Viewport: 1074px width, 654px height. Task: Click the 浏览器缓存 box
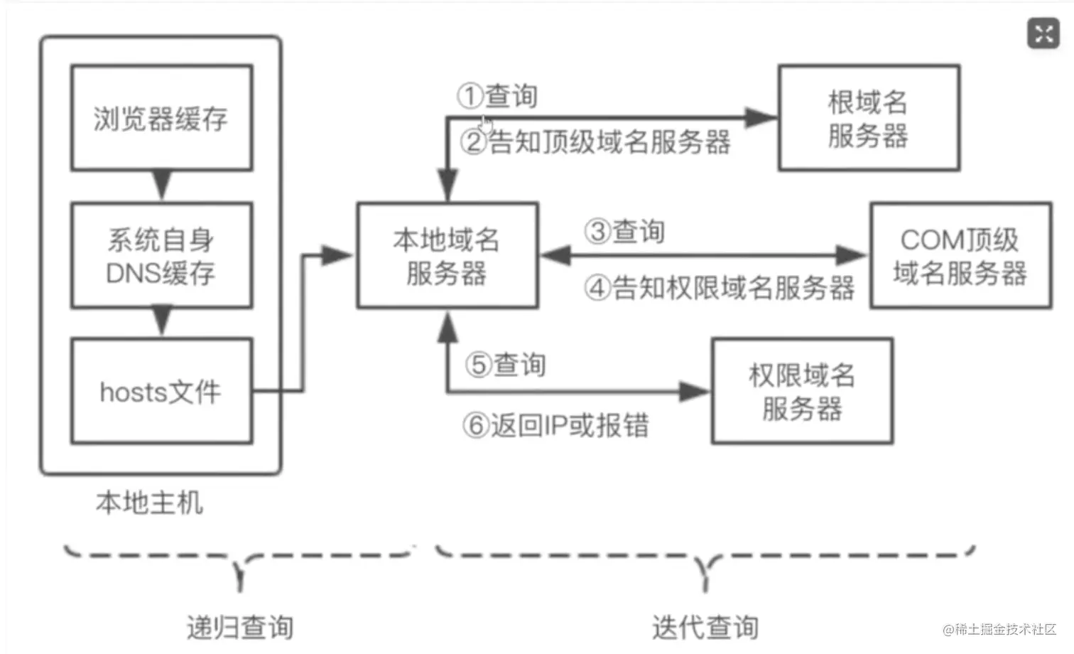click(161, 118)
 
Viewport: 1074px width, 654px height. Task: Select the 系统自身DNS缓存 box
click(161, 256)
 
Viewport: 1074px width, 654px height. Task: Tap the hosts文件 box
click(161, 392)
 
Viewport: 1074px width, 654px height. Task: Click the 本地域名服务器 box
click(447, 256)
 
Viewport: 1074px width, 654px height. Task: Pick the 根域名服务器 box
click(868, 118)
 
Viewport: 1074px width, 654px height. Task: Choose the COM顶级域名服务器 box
click(960, 256)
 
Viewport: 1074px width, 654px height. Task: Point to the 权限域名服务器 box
click(802, 392)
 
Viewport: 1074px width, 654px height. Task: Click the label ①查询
click(497, 96)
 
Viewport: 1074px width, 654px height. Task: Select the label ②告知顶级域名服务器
click(595, 142)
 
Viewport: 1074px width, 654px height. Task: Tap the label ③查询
click(624, 232)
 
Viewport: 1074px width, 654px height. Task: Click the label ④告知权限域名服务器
click(719, 288)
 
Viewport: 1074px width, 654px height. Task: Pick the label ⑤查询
click(506, 365)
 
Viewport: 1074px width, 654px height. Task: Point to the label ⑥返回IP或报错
click(555, 425)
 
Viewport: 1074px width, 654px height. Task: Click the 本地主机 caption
click(149, 503)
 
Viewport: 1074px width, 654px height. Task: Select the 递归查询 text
click(239, 627)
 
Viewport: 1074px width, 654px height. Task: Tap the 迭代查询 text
click(705, 627)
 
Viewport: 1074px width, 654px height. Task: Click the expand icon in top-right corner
click(1043, 33)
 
